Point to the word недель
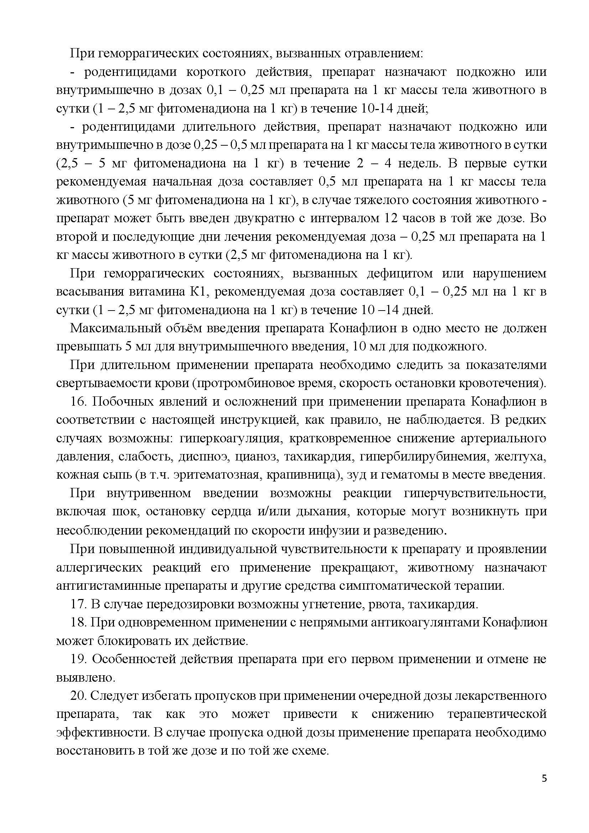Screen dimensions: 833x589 coord(419,163)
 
